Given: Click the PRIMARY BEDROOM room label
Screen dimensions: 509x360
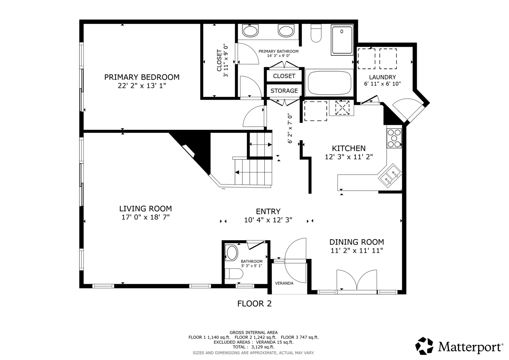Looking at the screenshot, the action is pos(142,77).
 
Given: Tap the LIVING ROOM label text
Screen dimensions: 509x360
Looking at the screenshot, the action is pos(145,209).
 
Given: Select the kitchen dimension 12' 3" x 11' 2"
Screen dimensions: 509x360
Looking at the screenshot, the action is pos(349,157).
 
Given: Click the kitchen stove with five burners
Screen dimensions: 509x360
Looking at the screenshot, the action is pos(394,138).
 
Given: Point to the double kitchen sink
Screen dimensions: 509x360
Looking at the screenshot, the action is pos(390,176).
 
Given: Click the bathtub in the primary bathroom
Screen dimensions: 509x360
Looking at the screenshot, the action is pos(329,83).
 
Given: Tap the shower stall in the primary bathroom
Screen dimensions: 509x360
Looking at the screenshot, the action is pos(342,40).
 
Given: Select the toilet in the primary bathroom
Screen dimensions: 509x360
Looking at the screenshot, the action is pos(316,33).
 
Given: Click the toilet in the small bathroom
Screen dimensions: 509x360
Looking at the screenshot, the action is pos(234,274).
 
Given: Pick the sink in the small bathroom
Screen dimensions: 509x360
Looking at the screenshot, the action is pos(232,253).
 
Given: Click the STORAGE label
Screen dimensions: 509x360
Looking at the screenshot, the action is pos(284,91).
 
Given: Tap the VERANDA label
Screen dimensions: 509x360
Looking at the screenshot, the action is pos(284,283).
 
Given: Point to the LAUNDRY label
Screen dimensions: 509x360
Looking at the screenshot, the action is pos(382,77).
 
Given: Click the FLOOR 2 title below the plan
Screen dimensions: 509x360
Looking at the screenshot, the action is pos(254,304).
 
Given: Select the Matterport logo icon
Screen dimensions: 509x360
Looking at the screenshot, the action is pos(424,346).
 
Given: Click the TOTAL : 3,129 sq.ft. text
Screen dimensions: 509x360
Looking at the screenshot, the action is pos(253,347).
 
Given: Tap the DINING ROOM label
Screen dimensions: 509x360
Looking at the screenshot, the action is pos(357,242).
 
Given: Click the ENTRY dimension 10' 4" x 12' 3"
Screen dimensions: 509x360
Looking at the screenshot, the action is pos(268,220).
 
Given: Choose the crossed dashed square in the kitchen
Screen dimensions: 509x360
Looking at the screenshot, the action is pos(342,108).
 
